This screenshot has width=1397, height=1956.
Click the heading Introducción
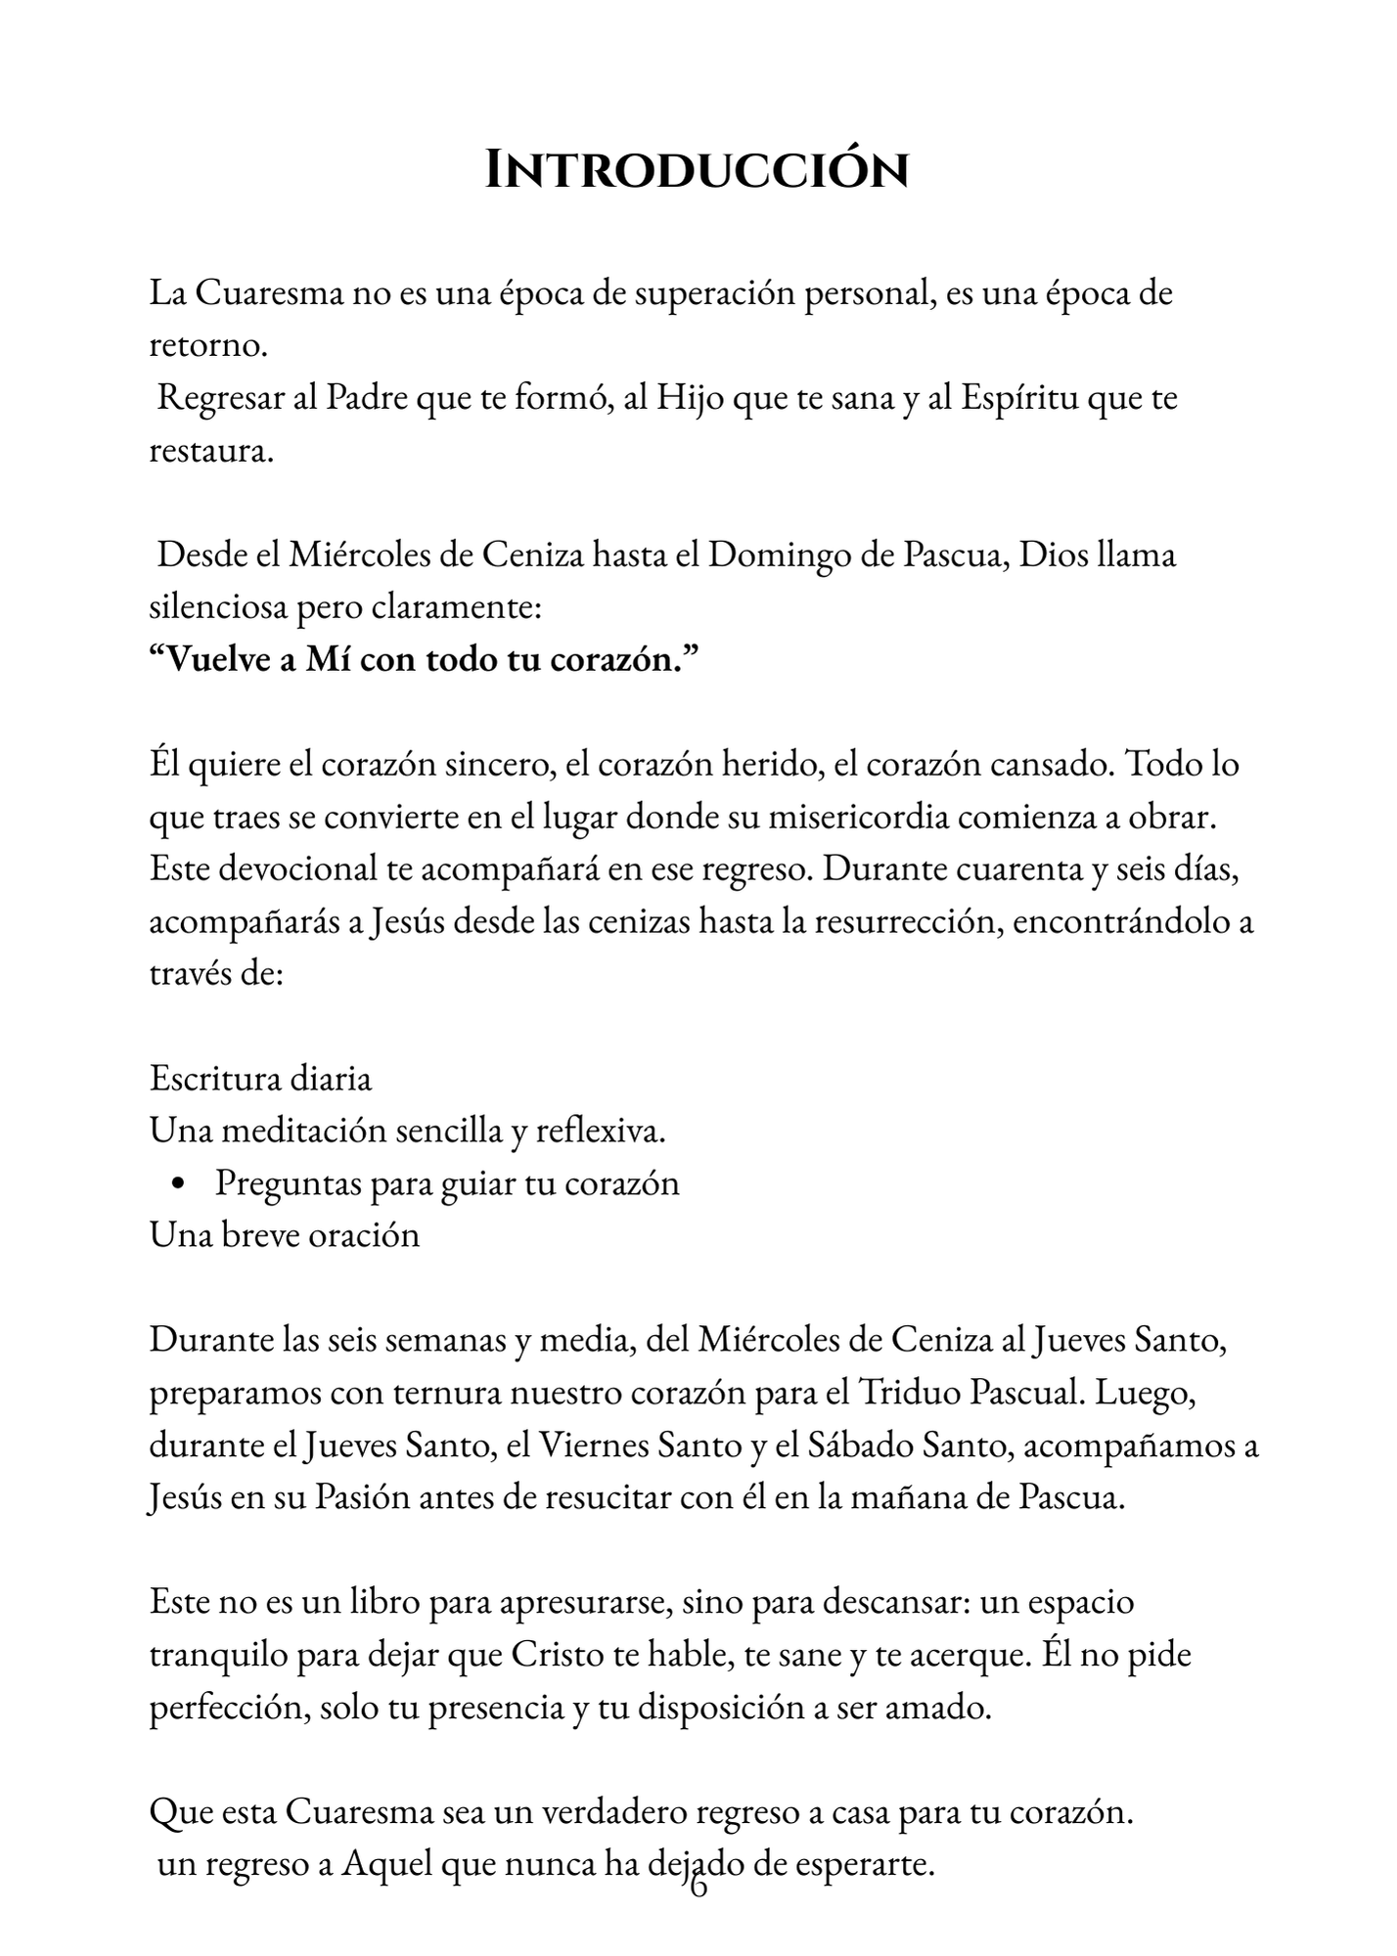coord(698,170)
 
